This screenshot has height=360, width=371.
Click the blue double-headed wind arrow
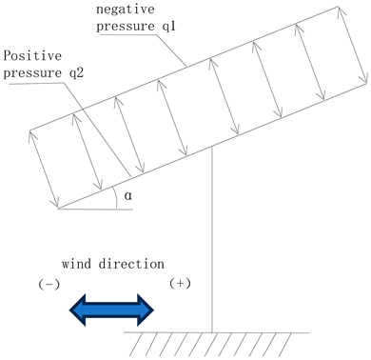click(x=110, y=308)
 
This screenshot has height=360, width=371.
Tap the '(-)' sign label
click(x=49, y=284)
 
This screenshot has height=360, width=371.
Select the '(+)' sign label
click(x=180, y=284)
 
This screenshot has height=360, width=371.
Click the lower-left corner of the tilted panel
click(x=58, y=207)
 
